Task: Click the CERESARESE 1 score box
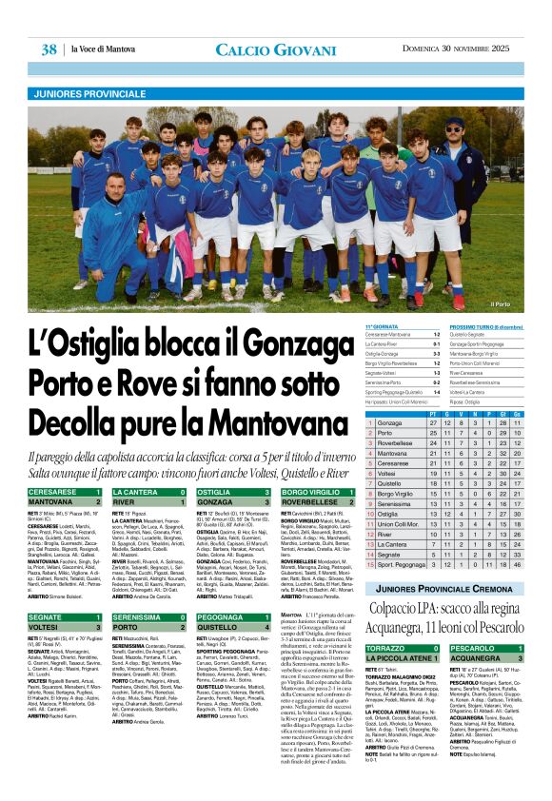pyautogui.click(x=65, y=492)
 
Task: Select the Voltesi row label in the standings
pyautogui.click(x=386, y=473)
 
